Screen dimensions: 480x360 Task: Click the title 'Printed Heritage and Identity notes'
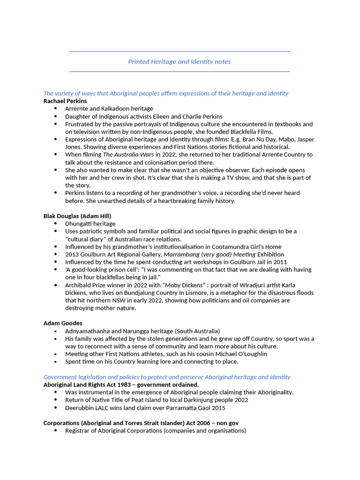tap(180, 61)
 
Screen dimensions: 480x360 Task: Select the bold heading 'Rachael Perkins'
tap(65, 101)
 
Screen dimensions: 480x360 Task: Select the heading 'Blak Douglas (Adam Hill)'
tap(77, 216)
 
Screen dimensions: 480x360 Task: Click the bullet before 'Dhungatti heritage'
tap(56, 224)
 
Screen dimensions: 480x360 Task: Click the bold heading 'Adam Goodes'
tap(63, 323)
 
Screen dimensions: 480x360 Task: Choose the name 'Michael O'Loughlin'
tap(238, 354)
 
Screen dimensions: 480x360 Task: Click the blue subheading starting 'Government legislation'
tap(167, 377)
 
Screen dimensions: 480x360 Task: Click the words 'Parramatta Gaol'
tap(189, 408)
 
